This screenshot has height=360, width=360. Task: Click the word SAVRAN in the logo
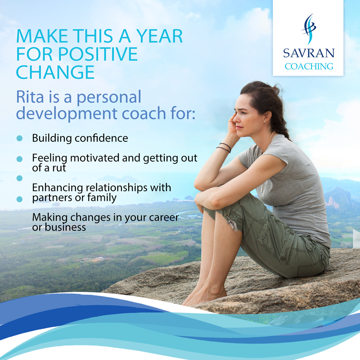[x=309, y=53]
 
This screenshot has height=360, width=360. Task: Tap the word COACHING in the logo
[x=309, y=67]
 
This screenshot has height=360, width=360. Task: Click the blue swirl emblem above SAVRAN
[x=308, y=30]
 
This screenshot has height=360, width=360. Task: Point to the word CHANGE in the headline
[x=55, y=72]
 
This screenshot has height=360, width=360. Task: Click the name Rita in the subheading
[x=30, y=96]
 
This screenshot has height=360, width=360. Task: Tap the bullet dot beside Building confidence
[x=19, y=139]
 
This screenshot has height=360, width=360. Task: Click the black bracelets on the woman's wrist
[x=224, y=147]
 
